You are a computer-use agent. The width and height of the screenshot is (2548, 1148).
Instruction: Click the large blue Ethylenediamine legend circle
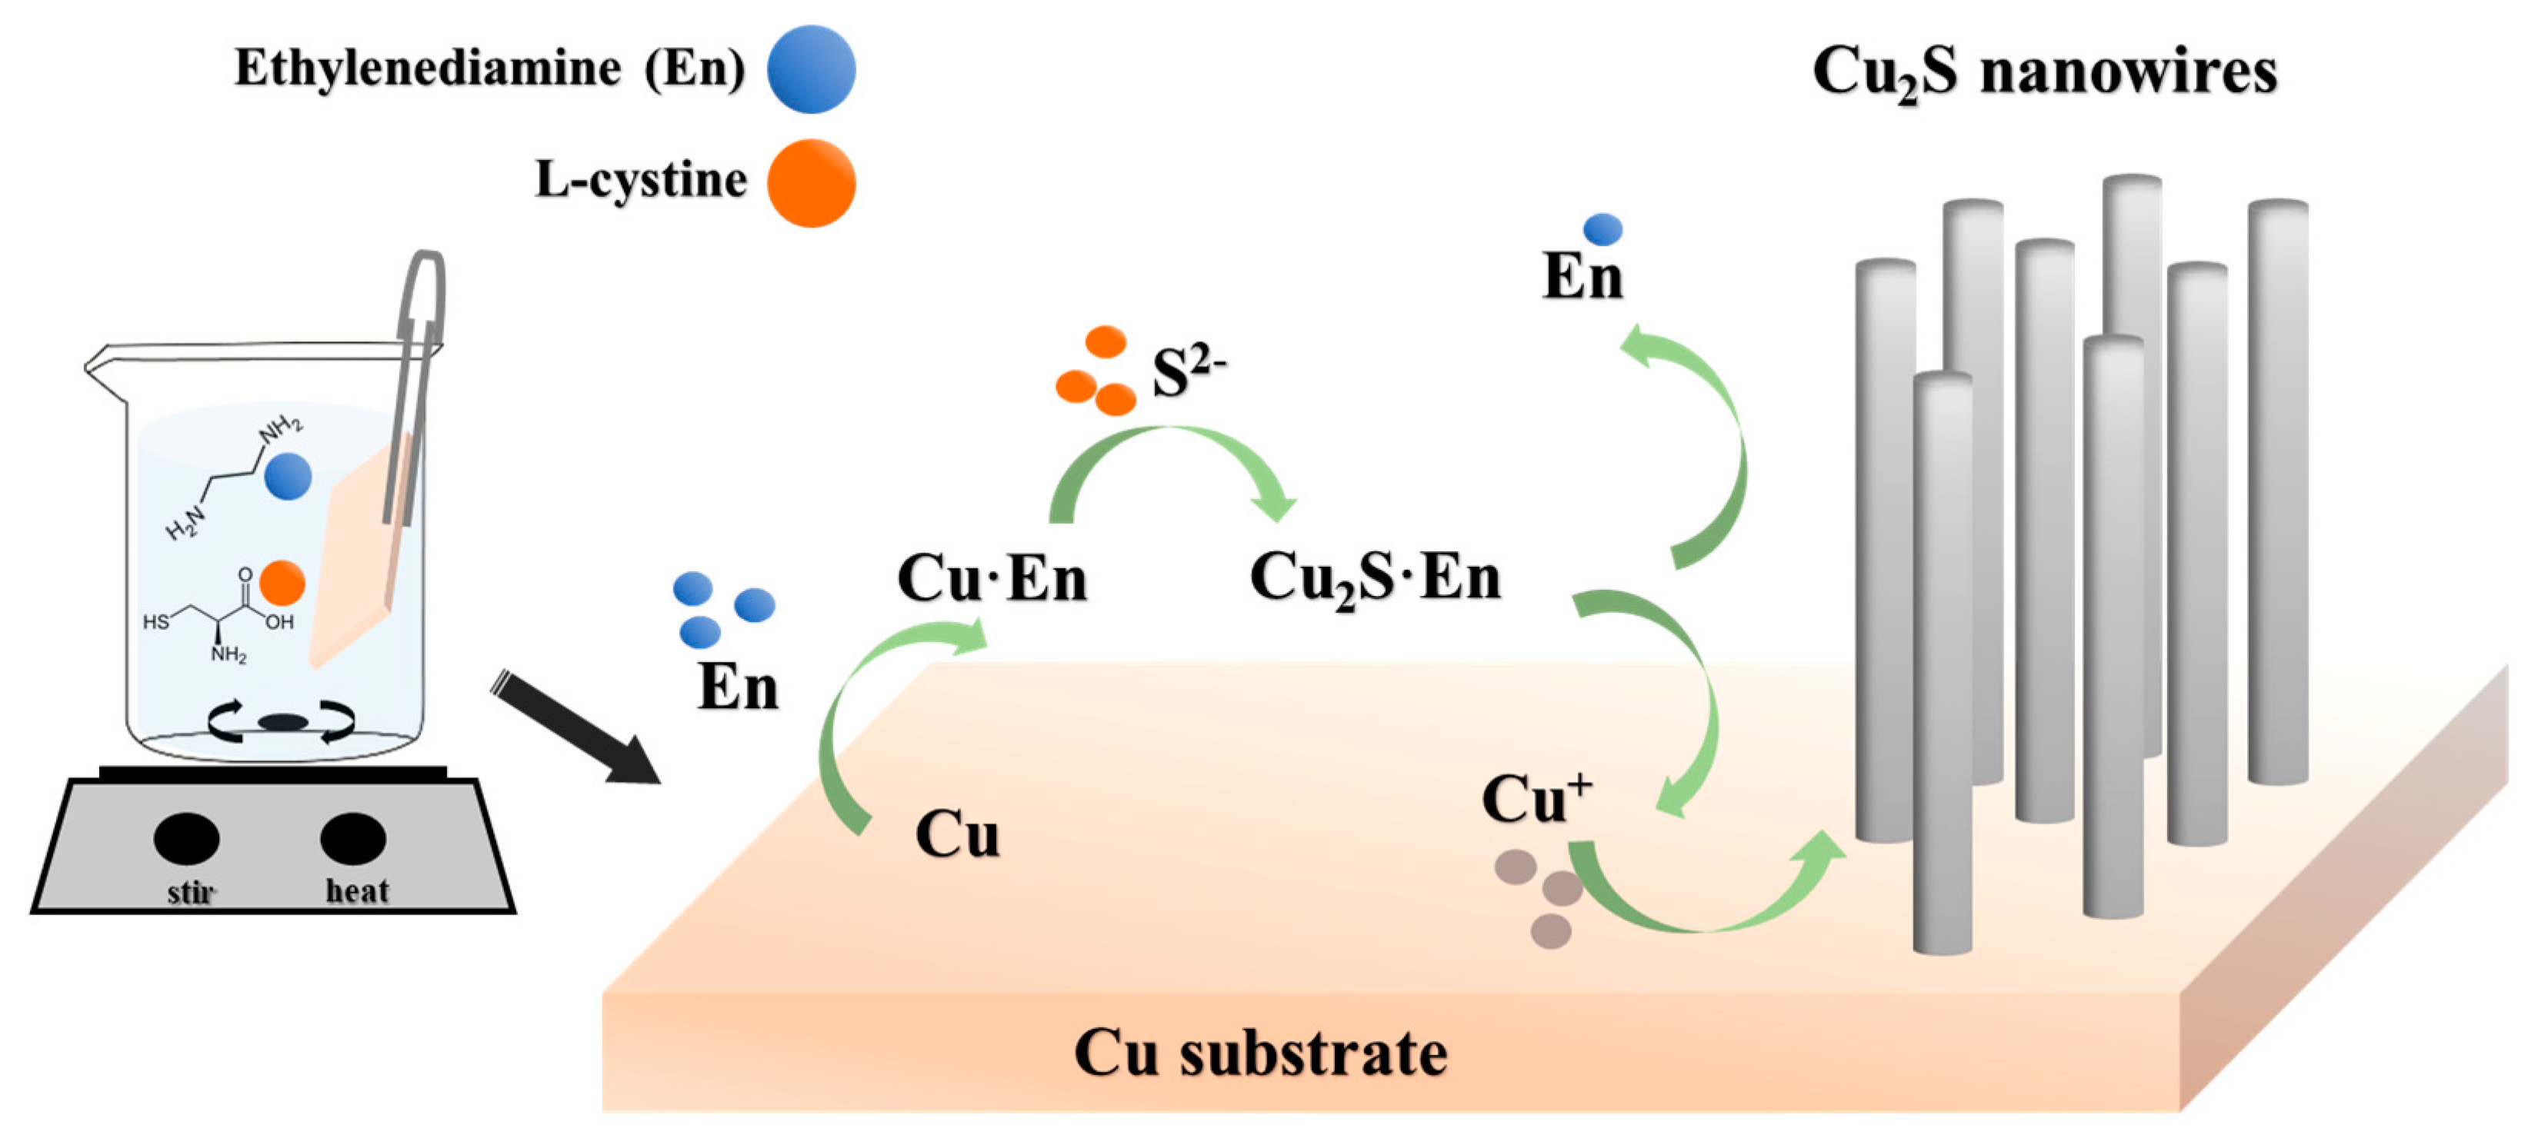(x=811, y=69)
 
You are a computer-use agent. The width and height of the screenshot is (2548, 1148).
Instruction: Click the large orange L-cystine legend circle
(x=811, y=184)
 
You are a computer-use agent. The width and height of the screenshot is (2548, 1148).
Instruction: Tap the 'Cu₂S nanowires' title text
(x=2045, y=72)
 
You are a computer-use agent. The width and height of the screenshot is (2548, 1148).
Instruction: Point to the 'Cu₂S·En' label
(x=1375, y=577)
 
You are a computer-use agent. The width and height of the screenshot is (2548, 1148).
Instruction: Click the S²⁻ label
(x=1187, y=374)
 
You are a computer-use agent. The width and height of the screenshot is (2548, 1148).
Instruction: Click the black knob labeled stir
(x=187, y=838)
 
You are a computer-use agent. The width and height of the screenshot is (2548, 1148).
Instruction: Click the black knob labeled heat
(x=353, y=838)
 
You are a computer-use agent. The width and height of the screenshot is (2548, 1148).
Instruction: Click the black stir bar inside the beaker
(x=283, y=723)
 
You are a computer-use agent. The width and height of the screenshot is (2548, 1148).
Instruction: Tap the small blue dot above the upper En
(x=1603, y=229)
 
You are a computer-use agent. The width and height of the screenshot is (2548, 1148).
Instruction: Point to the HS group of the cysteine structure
(x=156, y=622)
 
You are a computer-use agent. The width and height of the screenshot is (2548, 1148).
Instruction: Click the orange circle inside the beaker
(x=282, y=582)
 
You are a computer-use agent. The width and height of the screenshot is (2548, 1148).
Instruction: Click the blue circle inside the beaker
(x=288, y=477)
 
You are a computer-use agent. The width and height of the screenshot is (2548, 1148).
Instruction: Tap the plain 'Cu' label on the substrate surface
(x=956, y=836)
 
